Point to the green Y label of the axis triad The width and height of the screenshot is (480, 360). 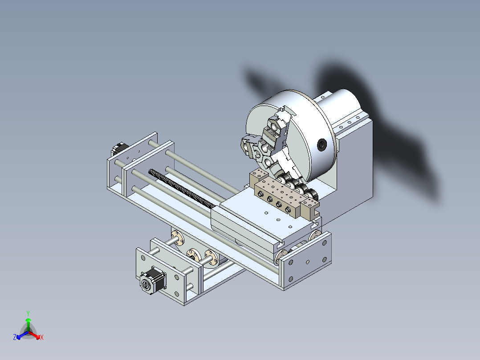pos(28,313)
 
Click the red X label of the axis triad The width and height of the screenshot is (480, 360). pos(42,337)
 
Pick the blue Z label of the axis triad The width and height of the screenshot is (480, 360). pos(15,337)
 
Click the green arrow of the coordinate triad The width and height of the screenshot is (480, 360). pos(28,323)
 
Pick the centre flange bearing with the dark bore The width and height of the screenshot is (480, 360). pos(195,254)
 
